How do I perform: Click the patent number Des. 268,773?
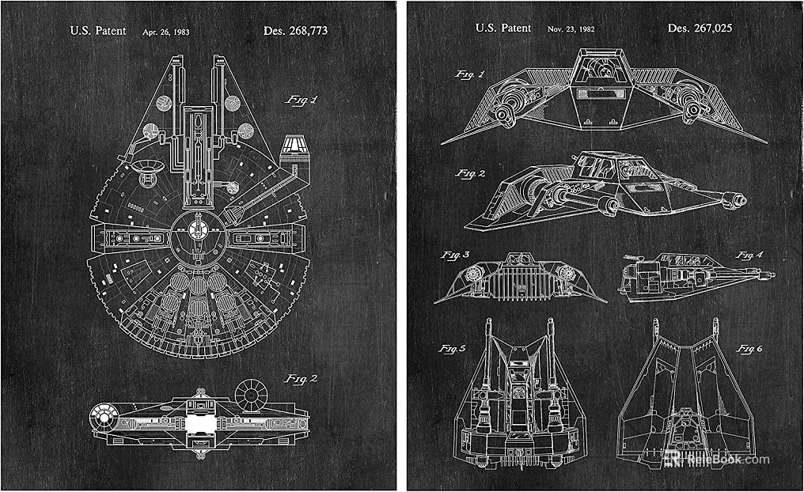click(294, 31)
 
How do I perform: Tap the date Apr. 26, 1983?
click(165, 32)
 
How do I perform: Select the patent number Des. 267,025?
click(700, 28)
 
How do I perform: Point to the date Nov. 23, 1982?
click(571, 29)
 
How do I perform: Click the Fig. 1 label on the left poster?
click(300, 100)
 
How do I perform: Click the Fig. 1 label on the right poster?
click(469, 74)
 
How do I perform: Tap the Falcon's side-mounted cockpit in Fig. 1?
click(294, 142)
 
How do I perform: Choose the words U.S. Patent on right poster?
click(502, 28)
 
